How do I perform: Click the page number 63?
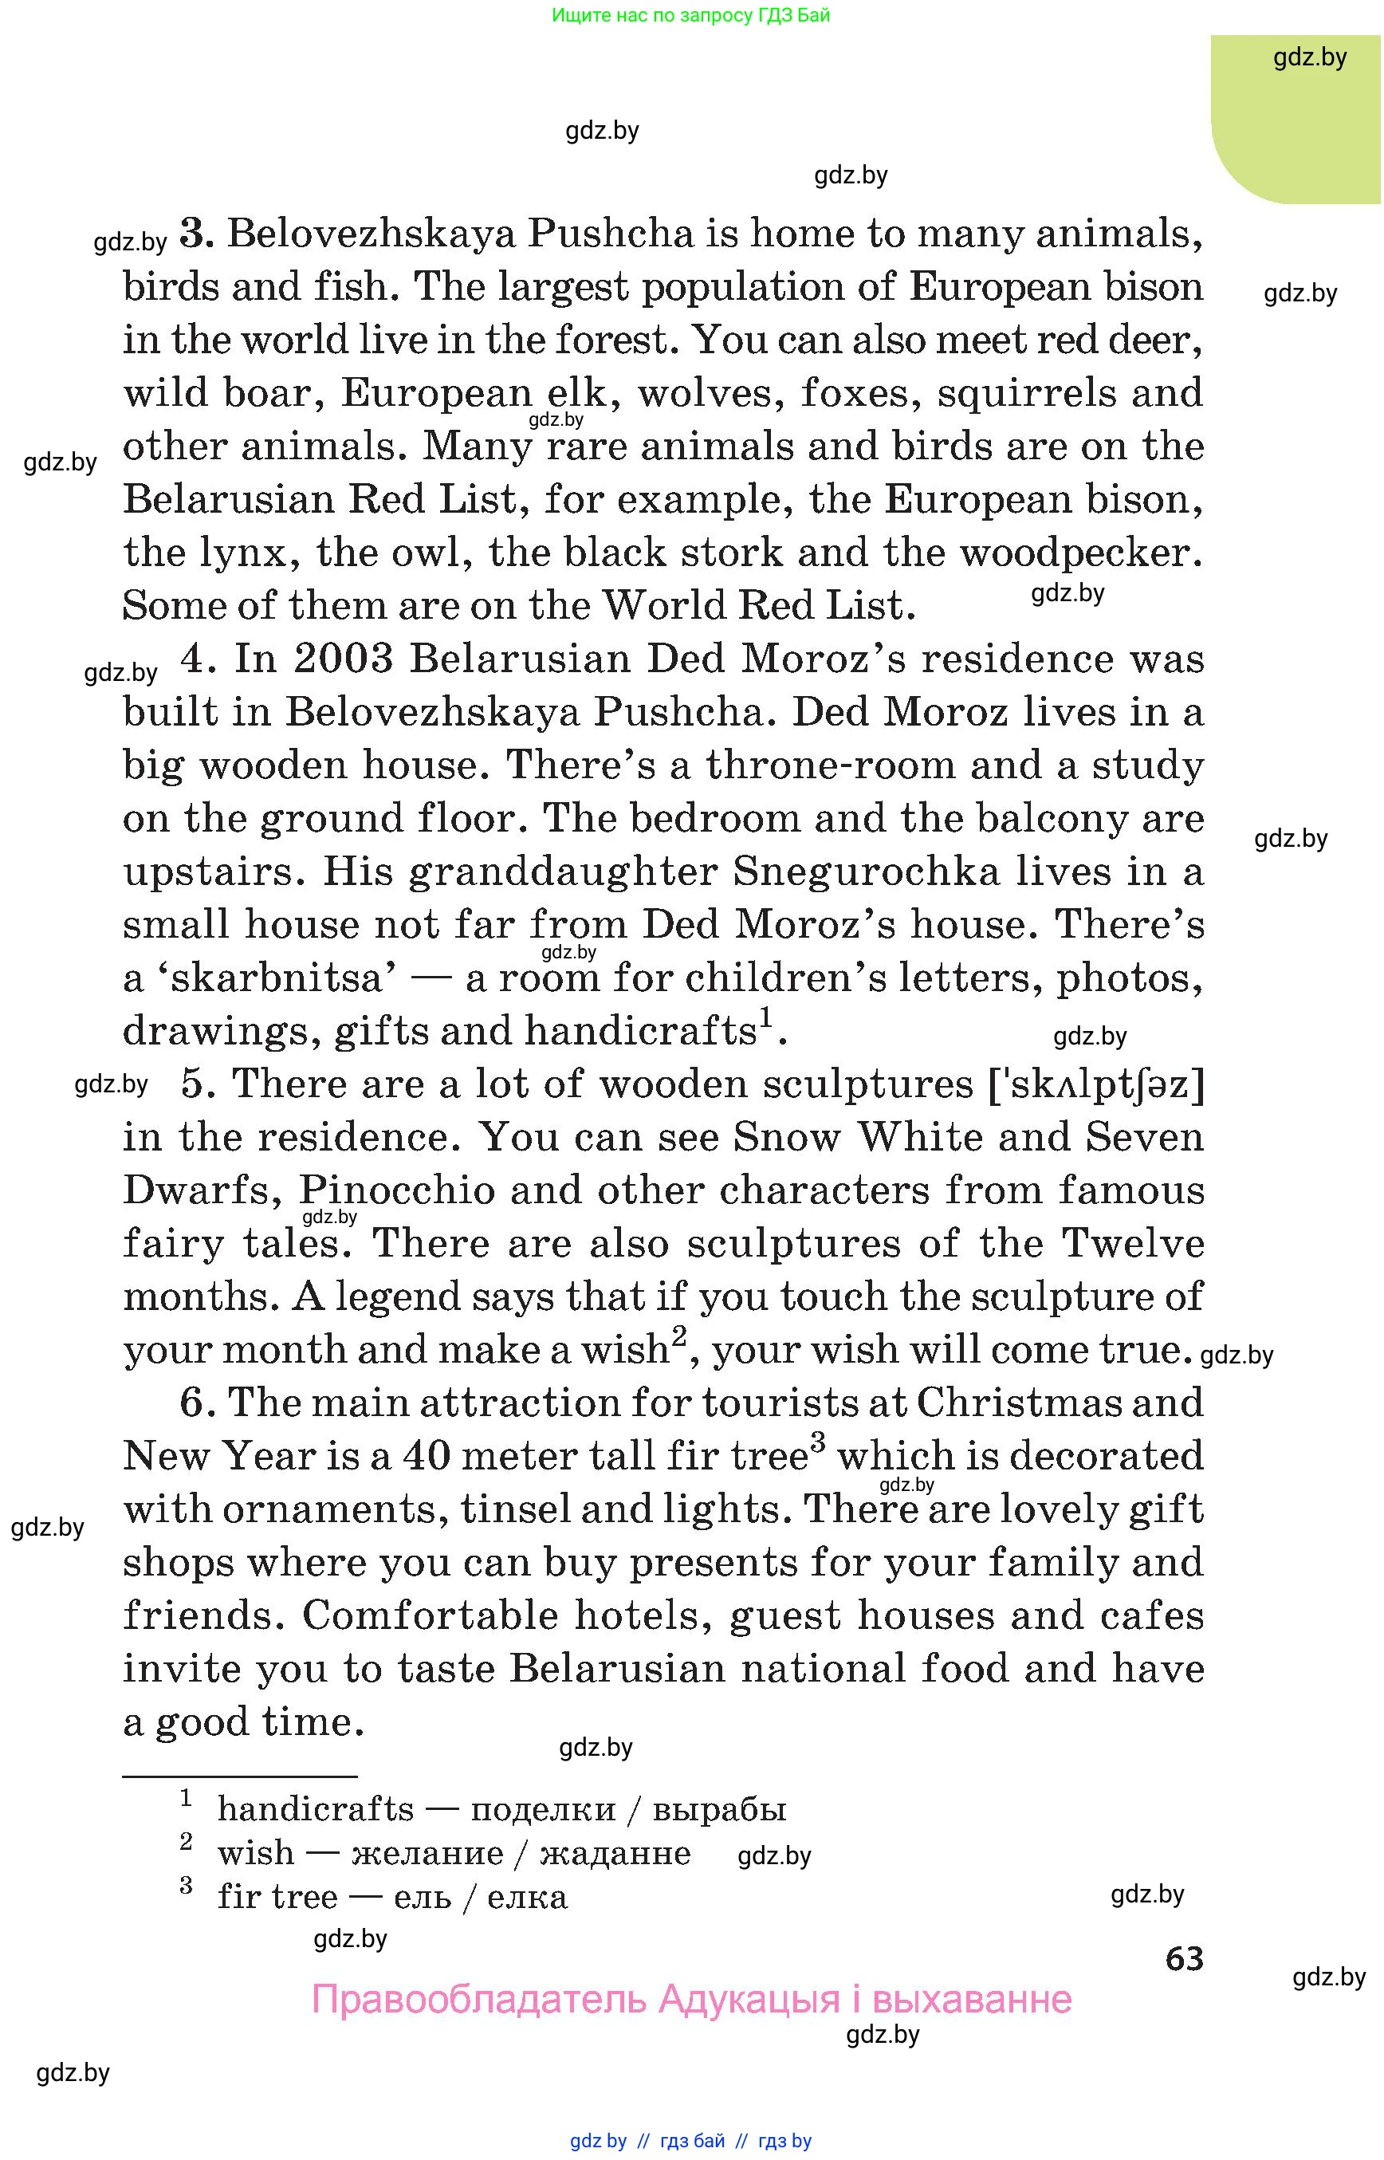1184,1957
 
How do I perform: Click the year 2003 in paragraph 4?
344,659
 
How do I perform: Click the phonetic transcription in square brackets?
1095,1084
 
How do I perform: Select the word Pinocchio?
396,1190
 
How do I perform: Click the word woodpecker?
1079,553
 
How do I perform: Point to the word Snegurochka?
867,872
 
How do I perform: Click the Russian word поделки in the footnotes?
543,1808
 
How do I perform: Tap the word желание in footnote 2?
427,1852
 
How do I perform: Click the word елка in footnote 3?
527,1897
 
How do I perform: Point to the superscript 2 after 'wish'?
679,1336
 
